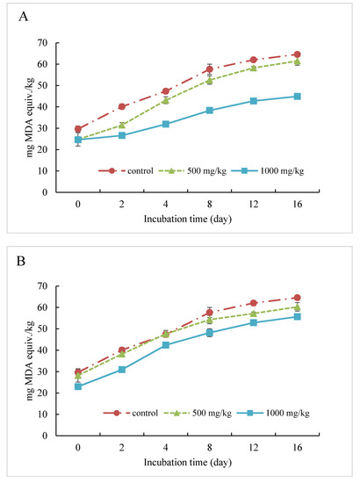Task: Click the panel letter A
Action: [24, 17]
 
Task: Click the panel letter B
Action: [21, 261]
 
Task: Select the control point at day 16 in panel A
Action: [297, 54]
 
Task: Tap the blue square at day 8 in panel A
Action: [210, 111]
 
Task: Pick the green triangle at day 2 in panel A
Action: [122, 125]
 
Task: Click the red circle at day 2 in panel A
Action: [122, 106]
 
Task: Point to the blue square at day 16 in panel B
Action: [297, 317]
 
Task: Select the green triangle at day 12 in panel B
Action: [254, 314]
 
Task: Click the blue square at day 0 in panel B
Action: [78, 386]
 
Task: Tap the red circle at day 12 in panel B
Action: [254, 303]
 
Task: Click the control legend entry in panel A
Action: [126, 170]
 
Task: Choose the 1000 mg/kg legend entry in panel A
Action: [267, 170]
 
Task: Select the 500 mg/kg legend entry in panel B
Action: [198, 413]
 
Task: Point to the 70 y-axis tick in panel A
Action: [43, 43]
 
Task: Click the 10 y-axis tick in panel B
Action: [43, 414]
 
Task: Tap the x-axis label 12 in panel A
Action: [254, 205]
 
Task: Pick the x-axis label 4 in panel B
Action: [166, 447]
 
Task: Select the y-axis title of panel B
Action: [30, 360]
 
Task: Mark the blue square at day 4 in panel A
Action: [166, 124]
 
